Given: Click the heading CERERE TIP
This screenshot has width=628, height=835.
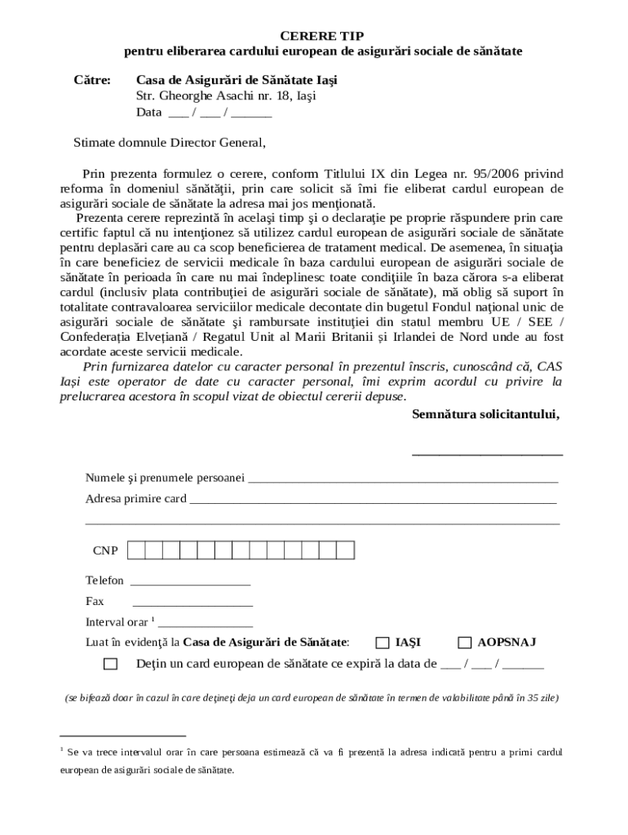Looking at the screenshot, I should (322, 36).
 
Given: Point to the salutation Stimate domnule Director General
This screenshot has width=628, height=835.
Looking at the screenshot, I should (170, 143).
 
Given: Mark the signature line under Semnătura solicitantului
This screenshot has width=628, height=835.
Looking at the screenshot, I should (487, 453).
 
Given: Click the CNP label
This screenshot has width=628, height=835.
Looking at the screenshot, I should (105, 550).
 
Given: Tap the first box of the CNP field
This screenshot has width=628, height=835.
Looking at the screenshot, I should (136, 550).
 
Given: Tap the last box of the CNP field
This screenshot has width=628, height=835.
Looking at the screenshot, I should (345, 550).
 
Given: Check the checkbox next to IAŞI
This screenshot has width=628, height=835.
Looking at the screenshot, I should (382, 643).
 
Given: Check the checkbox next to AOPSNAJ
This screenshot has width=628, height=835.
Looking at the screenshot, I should (465, 643).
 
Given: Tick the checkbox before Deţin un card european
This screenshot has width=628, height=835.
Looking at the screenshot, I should (110, 664).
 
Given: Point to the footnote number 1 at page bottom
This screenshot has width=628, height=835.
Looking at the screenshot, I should (62, 748).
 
